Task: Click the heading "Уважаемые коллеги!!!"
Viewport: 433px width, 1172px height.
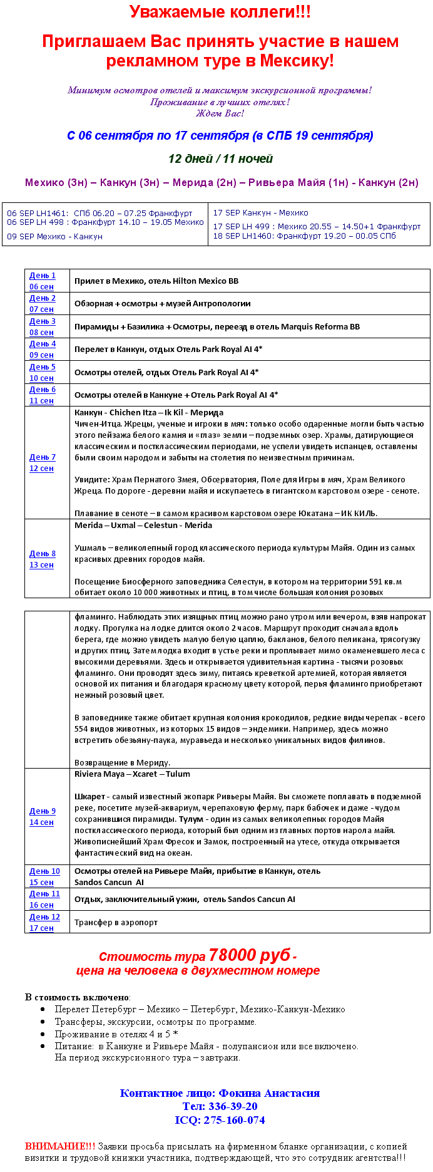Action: pos(220,12)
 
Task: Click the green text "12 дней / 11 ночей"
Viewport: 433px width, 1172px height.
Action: pos(220,158)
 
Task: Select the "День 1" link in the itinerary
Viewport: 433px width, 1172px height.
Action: pos(43,276)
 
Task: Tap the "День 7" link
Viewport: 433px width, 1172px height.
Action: pos(43,457)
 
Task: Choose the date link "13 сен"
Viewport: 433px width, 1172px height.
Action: pos(41,565)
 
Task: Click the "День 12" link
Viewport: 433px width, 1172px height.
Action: pos(44,917)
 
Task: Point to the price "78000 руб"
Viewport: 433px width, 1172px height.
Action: pos(249,955)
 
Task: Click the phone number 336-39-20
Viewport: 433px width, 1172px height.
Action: pos(233,1106)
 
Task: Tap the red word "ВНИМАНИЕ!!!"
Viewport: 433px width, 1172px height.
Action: pos(60,1146)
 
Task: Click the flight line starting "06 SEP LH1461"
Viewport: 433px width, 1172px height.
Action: pos(99,214)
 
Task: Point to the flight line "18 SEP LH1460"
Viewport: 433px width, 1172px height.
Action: pos(304,236)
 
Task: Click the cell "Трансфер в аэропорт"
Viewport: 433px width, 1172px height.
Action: pos(116,923)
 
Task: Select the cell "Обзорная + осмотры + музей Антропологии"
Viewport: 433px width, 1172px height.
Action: pos(162,304)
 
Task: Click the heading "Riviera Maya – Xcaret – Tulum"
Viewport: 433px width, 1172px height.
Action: pos(132,774)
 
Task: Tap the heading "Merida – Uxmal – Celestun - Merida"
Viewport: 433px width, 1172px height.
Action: pos(143,526)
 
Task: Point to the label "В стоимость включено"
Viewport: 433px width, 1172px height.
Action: pos(77,997)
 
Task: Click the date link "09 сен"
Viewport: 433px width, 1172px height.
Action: pos(41,355)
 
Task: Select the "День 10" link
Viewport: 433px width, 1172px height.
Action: pos(44,871)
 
